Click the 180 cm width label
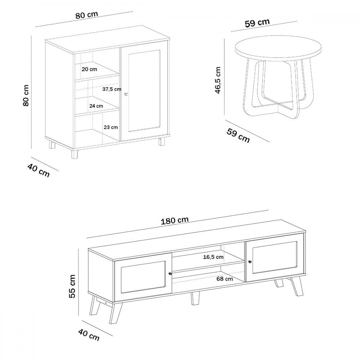pos(175,220)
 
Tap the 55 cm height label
pos(72,286)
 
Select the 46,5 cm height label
pos(218,80)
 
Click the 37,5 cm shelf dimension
pos(112,89)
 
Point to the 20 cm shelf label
pos(89,69)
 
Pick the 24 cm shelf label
pos(96,106)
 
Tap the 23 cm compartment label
pos(111,127)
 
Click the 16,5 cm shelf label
pos(213,257)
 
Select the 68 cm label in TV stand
pos(225,279)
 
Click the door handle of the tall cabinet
pos(126,94)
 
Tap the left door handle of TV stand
pos(170,274)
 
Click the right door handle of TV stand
pos(249,261)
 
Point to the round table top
pos(278,49)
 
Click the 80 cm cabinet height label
pos(26,95)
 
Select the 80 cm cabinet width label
pos(86,15)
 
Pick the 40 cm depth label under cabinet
pos(39,170)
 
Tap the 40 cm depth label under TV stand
pos(89,335)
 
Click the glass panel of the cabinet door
pos(144,91)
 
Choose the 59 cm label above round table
pos(257,23)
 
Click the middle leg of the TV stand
pos(195,298)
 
